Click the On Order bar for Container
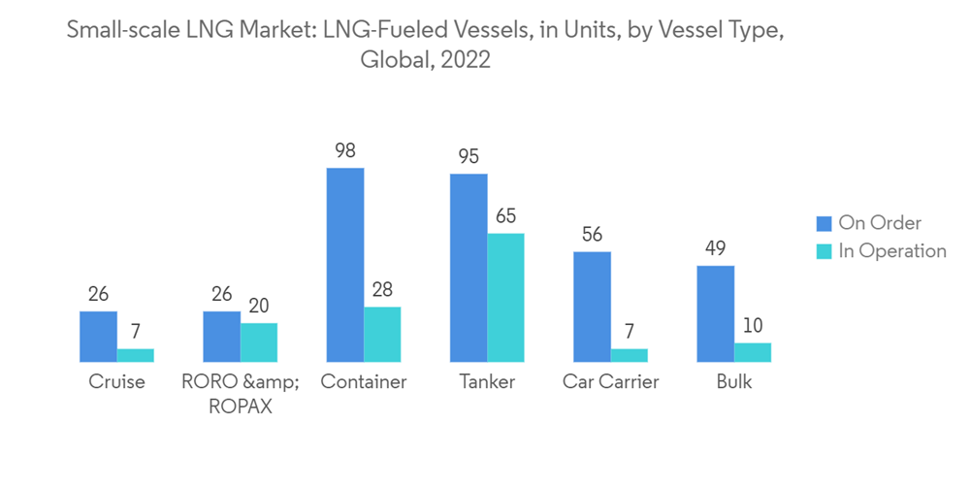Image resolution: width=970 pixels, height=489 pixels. tap(345, 264)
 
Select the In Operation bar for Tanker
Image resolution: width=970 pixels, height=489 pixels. tap(505, 297)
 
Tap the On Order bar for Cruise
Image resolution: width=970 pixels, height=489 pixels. tap(98, 336)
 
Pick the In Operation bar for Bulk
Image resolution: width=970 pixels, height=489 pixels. tap(753, 352)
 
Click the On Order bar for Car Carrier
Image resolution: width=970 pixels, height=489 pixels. tap(592, 306)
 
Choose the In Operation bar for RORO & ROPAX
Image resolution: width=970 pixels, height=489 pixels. tap(259, 342)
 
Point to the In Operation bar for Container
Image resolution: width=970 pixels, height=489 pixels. tap(382, 334)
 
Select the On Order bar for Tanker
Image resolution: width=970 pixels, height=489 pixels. tap(469, 267)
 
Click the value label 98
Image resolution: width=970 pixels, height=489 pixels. tap(344, 151)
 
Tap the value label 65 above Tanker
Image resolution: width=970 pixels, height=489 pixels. tap(504, 216)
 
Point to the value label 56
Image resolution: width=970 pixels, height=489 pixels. tap(592, 235)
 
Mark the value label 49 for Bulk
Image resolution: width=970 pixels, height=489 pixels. tap(715, 248)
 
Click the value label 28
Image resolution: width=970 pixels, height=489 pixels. tap(382, 290)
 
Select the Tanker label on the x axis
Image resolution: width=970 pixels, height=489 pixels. tap(487, 382)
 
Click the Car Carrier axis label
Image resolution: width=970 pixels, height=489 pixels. tap(610, 382)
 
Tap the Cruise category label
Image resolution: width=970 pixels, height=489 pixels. tap(116, 382)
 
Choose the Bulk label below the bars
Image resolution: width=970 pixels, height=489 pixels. tap(734, 382)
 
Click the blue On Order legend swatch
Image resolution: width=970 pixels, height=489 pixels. tap(824, 223)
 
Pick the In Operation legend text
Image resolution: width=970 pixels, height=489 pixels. tap(892, 251)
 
